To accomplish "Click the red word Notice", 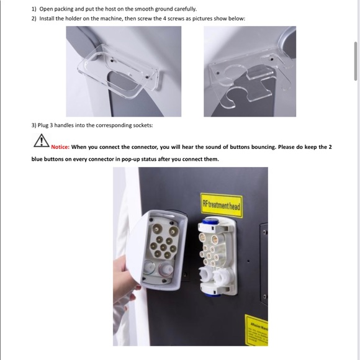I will point(60,147).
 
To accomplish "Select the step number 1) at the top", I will point(34,9).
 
